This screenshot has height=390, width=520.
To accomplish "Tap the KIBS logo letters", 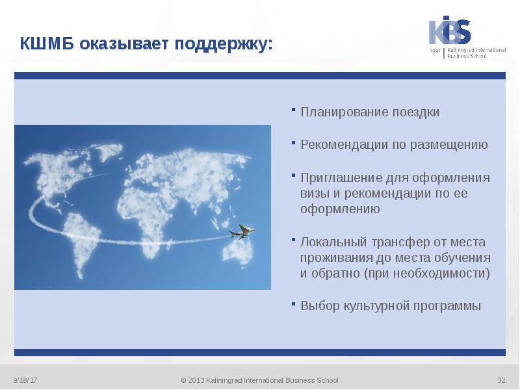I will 449,31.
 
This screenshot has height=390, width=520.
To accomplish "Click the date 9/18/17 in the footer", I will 25,380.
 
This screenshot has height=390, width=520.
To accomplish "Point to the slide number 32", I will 501,380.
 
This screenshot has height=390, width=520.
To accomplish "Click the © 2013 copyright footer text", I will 259,380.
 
